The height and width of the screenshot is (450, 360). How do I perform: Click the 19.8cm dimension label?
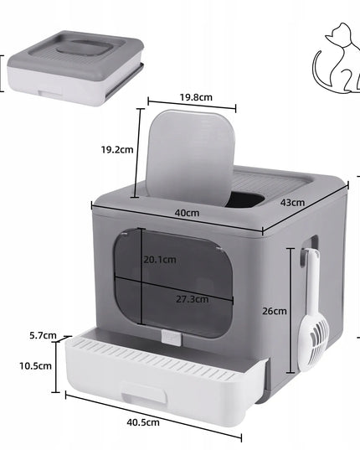pos(196,97)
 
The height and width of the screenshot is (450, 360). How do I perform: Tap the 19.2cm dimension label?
pos(117,149)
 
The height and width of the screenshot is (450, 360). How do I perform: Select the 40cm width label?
pos(187,213)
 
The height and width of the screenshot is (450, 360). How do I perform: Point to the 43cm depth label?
pos(292,202)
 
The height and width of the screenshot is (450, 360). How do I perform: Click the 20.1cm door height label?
pos(160,260)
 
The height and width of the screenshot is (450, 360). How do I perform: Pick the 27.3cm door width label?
pos(192,299)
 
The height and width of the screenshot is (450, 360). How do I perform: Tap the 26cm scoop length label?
pos(275,311)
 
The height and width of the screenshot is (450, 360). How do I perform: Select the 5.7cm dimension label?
pos(43,335)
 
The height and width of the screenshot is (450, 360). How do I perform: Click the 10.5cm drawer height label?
pos(35,366)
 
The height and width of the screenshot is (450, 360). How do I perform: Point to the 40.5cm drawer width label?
pos(143,422)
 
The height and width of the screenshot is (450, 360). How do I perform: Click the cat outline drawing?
pos(337,59)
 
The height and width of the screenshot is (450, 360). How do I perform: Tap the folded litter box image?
pos(75,68)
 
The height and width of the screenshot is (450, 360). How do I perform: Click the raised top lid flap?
pos(190,157)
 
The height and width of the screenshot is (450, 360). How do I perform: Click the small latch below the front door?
pos(171,338)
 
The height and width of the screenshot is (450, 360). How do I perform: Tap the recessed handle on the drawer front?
pos(144,394)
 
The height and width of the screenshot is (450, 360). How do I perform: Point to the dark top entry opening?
pos(246,199)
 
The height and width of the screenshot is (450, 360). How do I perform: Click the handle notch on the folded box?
pos(50,94)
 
